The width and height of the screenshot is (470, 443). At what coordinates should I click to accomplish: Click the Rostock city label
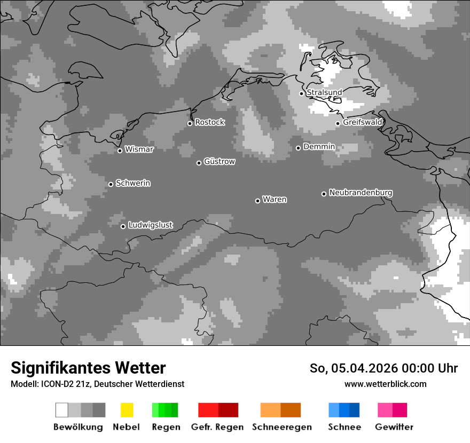(209, 122)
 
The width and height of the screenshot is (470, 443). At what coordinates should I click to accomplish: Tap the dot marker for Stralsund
(301, 93)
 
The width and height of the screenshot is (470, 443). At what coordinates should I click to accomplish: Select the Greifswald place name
(362, 122)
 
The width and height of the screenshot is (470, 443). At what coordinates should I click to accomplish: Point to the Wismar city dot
(120, 151)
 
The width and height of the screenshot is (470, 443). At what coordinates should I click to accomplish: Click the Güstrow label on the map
(219, 161)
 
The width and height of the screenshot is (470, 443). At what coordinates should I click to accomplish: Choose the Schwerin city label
(133, 183)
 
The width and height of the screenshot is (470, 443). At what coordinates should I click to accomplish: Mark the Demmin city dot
(298, 148)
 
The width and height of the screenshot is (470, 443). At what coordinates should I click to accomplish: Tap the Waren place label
(275, 200)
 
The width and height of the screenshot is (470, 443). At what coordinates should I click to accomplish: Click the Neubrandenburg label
(361, 193)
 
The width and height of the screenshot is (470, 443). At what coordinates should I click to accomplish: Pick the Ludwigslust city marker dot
(123, 226)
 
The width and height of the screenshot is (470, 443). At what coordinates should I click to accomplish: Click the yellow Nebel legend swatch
(127, 410)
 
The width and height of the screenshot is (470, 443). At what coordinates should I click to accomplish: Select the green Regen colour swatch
(165, 410)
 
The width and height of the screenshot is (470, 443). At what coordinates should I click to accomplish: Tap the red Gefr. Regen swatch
(218, 410)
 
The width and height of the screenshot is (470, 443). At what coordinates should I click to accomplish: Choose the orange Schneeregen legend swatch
(280, 410)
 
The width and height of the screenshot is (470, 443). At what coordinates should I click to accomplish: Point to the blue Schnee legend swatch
(344, 410)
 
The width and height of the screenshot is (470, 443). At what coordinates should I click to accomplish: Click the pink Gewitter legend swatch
(392, 410)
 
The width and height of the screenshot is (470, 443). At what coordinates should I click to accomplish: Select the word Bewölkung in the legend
(78, 427)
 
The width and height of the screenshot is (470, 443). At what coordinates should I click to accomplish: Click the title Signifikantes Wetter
(88, 368)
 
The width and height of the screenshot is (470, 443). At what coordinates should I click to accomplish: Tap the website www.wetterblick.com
(385, 384)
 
